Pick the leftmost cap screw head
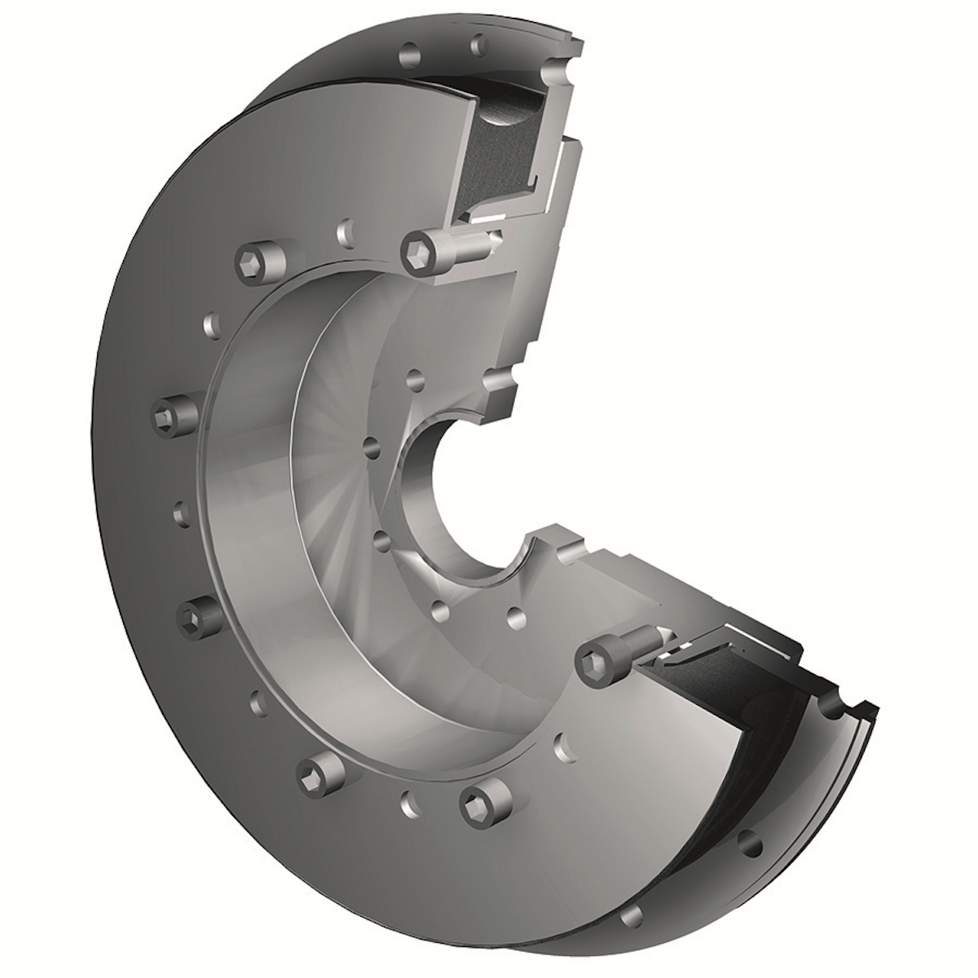tap(174, 416)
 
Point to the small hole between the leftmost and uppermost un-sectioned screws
tap(213, 326)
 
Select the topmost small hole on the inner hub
tap(415, 379)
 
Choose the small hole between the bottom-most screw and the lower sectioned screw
tap(561, 744)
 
